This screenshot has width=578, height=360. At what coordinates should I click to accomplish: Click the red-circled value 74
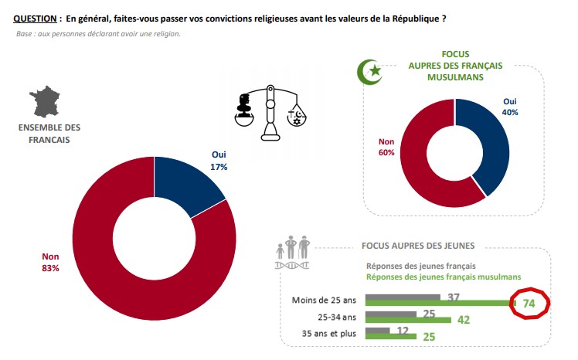529,304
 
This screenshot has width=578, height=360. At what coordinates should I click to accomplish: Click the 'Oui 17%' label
219,160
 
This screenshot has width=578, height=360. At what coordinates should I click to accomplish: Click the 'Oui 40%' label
510,107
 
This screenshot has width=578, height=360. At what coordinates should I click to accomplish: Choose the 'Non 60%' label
387,147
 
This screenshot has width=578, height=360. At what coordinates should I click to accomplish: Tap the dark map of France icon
46,103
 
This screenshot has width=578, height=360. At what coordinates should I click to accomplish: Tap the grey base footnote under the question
98,34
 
